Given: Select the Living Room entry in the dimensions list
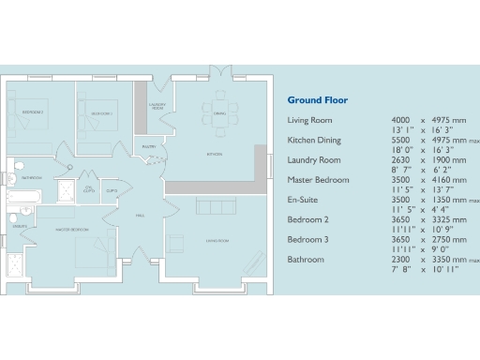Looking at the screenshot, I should point(309,121).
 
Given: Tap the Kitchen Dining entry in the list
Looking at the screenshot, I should point(314,141).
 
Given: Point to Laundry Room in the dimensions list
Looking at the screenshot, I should point(312,160).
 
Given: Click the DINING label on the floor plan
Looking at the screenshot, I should point(219,113).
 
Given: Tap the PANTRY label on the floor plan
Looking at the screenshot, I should point(148,147).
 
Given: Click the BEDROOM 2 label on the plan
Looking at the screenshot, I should point(34,112).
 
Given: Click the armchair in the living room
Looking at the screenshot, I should point(176,242).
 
